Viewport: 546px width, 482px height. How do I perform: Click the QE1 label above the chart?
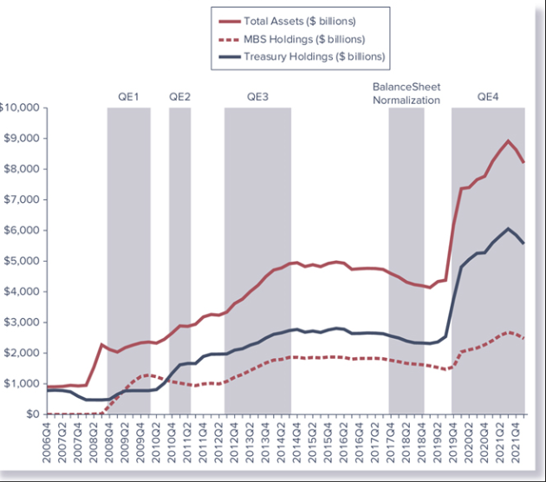click(128, 96)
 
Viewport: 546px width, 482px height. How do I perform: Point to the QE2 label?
click(179, 96)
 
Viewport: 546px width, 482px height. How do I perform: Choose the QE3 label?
click(257, 96)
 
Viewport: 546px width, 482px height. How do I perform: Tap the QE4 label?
click(488, 96)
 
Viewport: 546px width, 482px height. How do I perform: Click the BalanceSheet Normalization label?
click(406, 94)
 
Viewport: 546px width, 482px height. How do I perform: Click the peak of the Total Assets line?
click(508, 140)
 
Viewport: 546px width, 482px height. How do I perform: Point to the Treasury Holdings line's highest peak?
click(509, 229)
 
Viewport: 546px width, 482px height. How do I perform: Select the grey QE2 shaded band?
click(179, 260)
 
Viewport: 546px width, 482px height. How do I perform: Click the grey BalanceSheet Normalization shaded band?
click(406, 260)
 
